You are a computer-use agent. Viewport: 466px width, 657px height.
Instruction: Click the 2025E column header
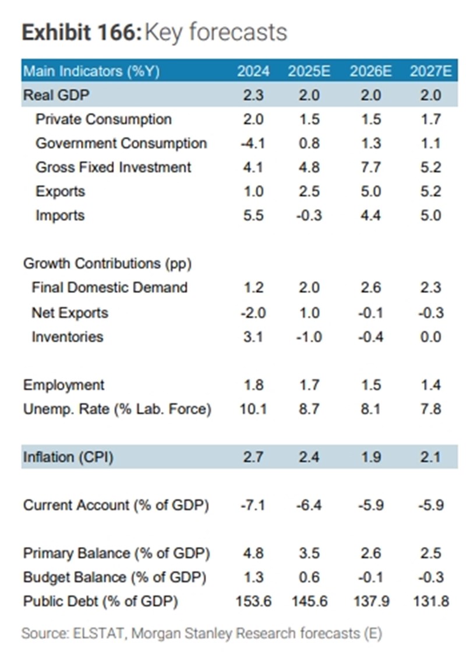pyautogui.click(x=309, y=72)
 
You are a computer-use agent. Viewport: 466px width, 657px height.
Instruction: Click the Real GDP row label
pyautogui.click(x=57, y=96)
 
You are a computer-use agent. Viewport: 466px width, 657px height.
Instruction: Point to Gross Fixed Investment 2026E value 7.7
pyautogui.click(x=370, y=168)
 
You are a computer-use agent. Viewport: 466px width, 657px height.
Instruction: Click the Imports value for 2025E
pyautogui.click(x=309, y=216)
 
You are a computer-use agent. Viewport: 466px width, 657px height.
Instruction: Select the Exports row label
pyautogui.click(x=60, y=192)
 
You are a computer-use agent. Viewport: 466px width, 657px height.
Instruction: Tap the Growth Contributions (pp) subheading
pyautogui.click(x=108, y=263)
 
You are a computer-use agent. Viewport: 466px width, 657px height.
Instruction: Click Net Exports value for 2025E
pyautogui.click(x=309, y=313)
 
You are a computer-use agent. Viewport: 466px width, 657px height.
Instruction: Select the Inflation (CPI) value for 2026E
pyautogui.click(x=370, y=457)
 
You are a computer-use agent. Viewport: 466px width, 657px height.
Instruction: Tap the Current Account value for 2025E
pyautogui.click(x=309, y=505)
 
